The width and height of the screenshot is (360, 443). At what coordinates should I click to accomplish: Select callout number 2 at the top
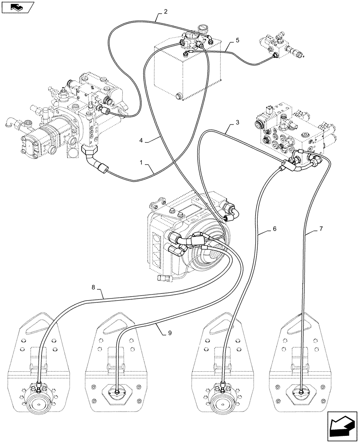point(165,12)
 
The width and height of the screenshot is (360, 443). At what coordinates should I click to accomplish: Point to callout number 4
point(141,140)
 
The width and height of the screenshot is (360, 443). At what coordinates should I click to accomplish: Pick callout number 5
point(237,41)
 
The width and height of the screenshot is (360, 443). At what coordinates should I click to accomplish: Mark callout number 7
point(321,229)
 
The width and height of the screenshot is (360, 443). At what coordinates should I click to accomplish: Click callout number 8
point(94,287)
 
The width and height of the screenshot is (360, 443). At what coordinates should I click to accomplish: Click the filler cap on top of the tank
point(203,30)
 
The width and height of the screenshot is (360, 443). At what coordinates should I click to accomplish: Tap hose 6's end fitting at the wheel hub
point(222,385)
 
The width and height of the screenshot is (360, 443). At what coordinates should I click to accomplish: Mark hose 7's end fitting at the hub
point(301,390)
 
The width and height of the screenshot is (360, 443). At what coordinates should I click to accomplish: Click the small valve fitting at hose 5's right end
point(274,55)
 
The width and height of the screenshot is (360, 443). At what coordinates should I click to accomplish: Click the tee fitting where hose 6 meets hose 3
point(285,167)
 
